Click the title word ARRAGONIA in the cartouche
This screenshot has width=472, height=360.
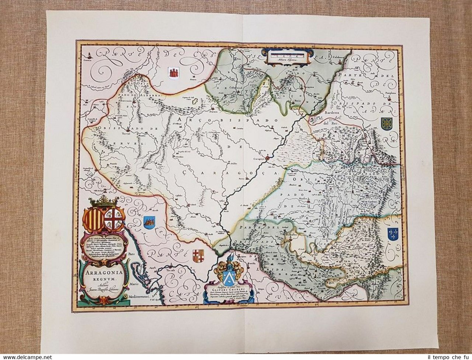pos(103,274)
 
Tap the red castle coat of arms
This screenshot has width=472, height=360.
pos(173,72)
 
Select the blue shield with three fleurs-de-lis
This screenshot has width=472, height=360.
pos(393,233)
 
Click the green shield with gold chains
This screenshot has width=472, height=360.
pos(386,123)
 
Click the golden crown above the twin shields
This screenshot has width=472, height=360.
pos(104,202)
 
